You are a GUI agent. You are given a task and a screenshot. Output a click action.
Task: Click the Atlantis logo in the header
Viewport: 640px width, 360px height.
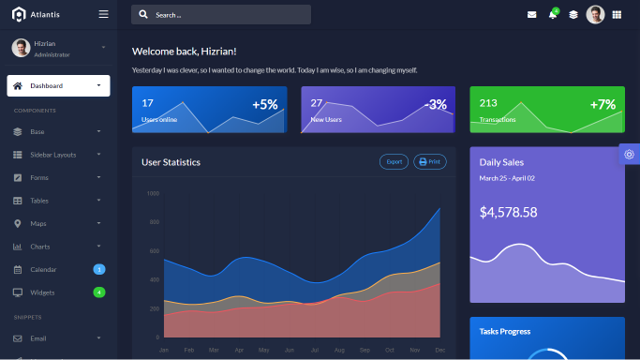(36, 14)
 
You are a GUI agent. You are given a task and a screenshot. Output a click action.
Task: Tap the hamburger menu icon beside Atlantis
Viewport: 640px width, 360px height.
(103, 14)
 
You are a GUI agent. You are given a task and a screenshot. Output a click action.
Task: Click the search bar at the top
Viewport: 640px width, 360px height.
(221, 15)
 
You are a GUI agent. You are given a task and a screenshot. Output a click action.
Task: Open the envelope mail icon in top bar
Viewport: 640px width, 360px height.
(532, 15)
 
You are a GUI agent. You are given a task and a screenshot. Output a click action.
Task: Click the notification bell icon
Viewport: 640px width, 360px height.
(553, 15)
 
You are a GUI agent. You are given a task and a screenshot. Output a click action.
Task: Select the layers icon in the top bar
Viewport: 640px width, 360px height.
(573, 15)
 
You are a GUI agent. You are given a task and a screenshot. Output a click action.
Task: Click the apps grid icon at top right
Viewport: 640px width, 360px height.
(617, 15)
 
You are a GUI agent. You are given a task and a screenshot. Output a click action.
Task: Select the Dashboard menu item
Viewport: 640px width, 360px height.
(58, 86)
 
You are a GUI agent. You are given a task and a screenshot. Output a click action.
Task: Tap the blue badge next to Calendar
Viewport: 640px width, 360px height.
(99, 270)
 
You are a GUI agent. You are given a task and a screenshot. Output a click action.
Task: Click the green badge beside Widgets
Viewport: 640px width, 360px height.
(99, 292)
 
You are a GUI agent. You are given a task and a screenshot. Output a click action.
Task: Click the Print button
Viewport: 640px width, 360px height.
(430, 161)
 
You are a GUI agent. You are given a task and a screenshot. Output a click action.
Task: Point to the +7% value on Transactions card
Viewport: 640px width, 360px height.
(603, 104)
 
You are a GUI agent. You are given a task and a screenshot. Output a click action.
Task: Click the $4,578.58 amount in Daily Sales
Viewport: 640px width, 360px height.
(508, 213)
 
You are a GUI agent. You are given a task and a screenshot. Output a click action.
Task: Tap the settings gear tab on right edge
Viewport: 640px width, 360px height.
(629, 155)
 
